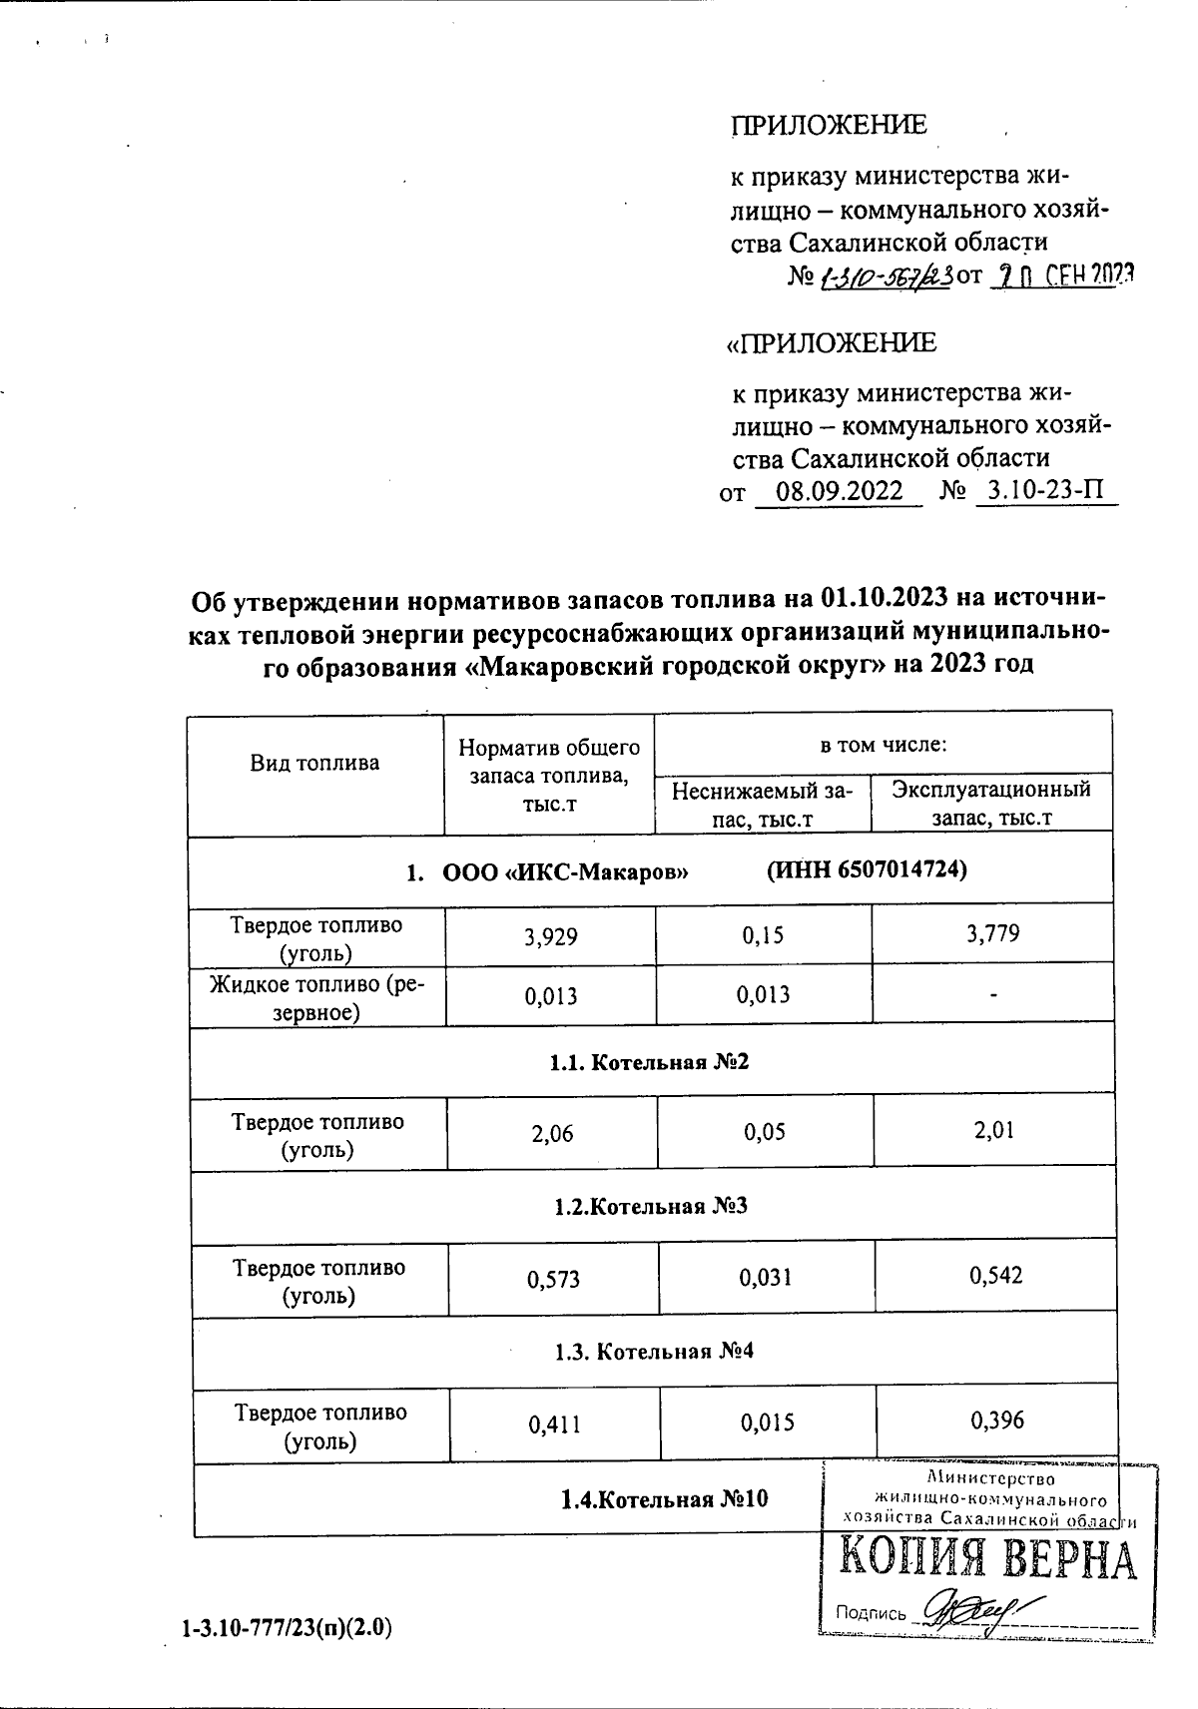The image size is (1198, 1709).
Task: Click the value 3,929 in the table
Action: pos(551,935)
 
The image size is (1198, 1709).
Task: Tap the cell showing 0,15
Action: pos(764,935)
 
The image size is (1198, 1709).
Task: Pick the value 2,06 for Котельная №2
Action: pos(552,1133)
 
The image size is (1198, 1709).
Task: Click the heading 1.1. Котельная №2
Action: pos(649,1062)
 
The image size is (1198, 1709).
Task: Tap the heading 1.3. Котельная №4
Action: pos(654,1352)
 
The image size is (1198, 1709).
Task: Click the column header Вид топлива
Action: pos(314,764)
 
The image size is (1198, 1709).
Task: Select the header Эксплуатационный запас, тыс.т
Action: pos(991,804)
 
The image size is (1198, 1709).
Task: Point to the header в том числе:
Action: pos(883,745)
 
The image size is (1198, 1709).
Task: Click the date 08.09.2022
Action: pos(839,492)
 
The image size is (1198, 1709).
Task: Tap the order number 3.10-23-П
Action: pos(1044,491)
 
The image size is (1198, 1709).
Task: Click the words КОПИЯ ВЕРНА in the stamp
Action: pos(986,1562)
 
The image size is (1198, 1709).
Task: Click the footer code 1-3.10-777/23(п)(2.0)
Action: pos(286,1628)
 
